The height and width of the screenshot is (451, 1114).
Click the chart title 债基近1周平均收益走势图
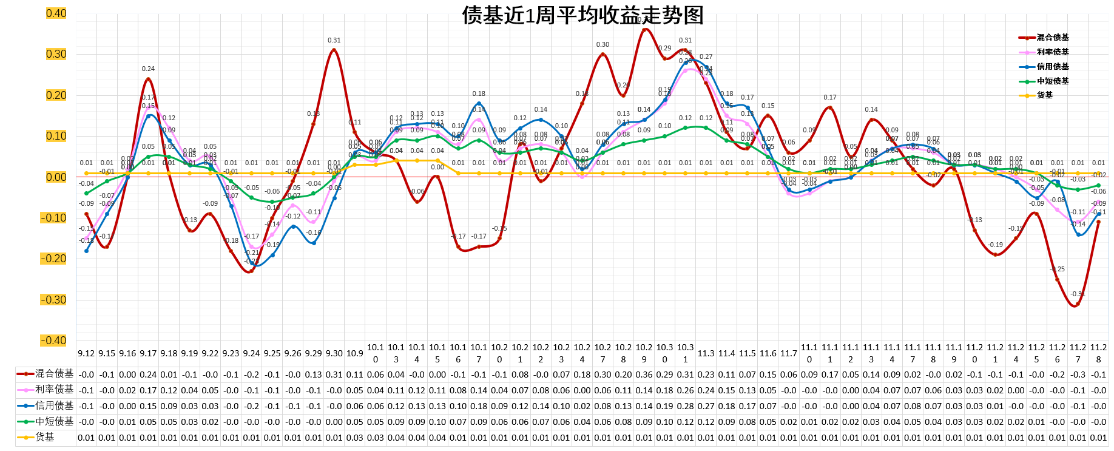coord(582,15)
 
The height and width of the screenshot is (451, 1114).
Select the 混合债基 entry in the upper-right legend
coord(1053,38)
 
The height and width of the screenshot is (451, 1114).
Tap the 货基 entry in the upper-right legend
coord(1045,95)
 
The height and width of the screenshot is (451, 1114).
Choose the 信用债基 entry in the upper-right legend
coord(1053,67)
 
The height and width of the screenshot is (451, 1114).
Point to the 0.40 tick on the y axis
coord(56,13)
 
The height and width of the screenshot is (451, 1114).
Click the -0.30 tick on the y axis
coord(53,300)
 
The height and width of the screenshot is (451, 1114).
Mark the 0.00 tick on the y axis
coord(56,177)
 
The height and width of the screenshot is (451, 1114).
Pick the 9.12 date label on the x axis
coord(86,353)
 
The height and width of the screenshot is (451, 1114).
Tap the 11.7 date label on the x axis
coord(788,353)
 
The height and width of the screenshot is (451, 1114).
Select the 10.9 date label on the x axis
coord(354,353)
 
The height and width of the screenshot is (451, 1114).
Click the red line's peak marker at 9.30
coord(334,50)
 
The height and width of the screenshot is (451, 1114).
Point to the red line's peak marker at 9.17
coord(148,79)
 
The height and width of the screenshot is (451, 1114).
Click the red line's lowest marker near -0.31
coord(1077,305)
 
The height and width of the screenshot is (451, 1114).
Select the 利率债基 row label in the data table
coord(54,390)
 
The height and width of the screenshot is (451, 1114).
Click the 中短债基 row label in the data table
coord(54,421)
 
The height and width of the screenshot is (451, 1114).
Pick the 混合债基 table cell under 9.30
coord(334,375)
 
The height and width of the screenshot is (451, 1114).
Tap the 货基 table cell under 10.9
coord(354,438)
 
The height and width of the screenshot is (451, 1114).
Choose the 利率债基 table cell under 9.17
coord(148,390)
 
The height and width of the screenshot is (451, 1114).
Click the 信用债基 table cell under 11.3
coord(706,406)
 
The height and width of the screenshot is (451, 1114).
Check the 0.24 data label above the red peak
coord(148,69)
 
